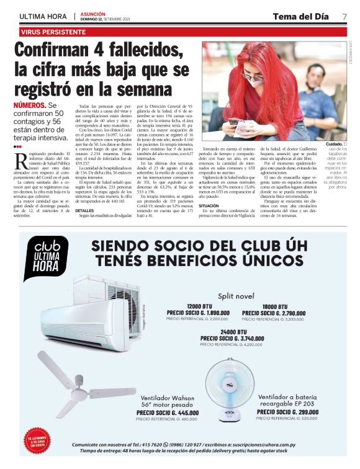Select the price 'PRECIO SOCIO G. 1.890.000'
[x=198, y=313]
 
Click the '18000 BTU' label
[x=273, y=306]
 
